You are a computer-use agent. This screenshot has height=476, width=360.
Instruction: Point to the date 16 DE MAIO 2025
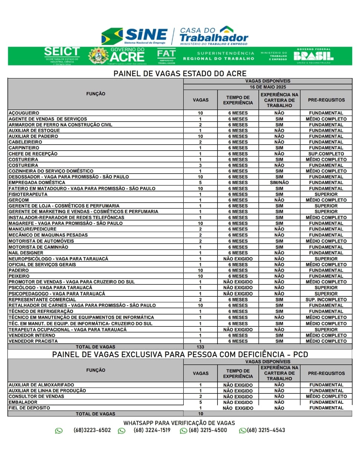pos(268,87)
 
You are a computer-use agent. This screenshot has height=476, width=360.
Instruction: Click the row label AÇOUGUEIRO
pos(24,113)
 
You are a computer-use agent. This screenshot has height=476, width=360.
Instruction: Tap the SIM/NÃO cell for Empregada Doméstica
pos(279,183)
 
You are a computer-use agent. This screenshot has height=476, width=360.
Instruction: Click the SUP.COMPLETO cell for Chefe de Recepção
pos(326,154)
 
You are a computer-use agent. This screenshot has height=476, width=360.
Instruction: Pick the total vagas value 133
pos(200,347)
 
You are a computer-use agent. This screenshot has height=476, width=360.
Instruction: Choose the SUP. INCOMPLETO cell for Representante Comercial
pos(326,299)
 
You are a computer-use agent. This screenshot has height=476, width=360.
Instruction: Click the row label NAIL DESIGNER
pos(26,253)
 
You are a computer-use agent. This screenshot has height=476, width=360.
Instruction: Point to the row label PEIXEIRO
pos(19,276)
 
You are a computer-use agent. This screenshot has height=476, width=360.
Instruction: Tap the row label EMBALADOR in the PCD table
pos(23,402)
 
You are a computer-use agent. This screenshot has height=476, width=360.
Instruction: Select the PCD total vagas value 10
pos(200,414)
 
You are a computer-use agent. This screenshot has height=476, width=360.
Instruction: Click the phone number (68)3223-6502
pos(92,430)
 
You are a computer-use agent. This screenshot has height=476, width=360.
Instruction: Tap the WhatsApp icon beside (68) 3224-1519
pos(122,431)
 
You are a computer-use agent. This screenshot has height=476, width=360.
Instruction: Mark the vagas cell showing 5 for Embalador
pos(200,402)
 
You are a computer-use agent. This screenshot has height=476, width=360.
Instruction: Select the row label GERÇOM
pos(19,200)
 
